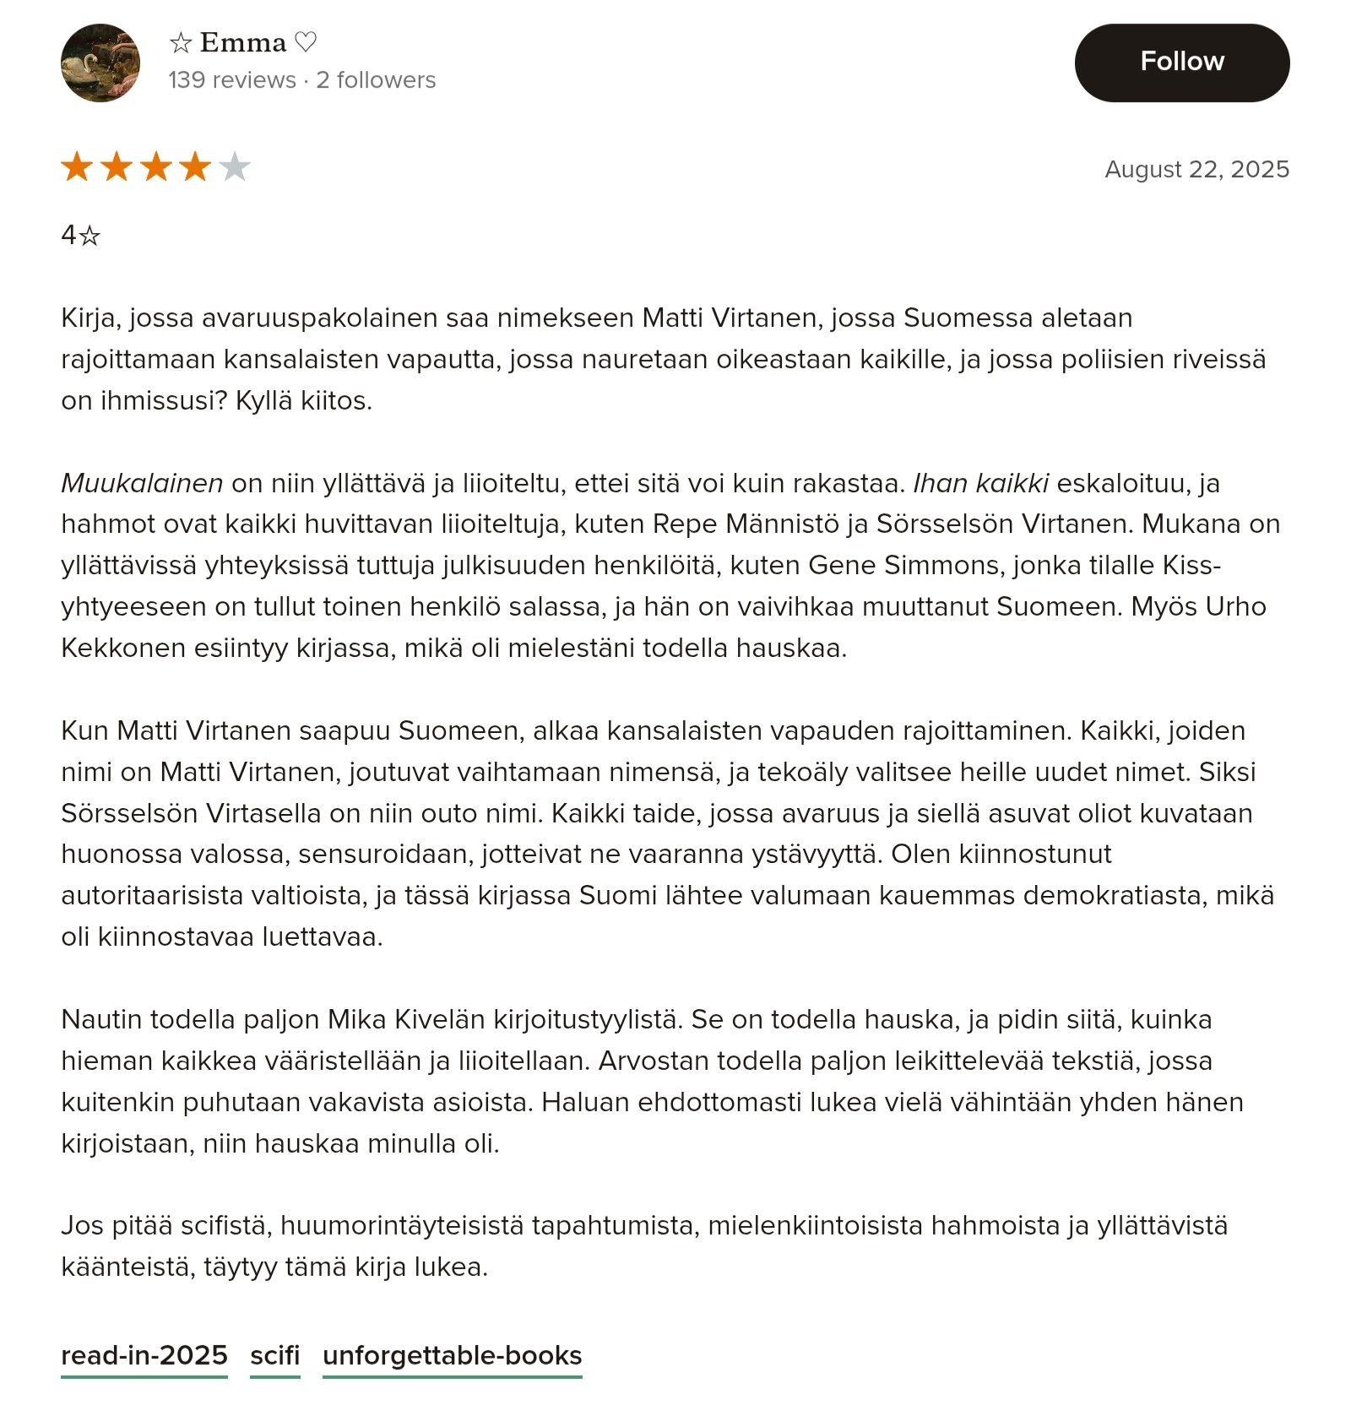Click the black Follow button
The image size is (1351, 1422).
coord(1181,62)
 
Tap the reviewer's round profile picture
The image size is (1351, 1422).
coord(100,63)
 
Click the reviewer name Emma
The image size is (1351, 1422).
coord(243,42)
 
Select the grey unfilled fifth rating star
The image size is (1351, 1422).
coord(235,167)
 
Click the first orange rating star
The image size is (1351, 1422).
coord(77,167)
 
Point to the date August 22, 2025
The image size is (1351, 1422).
coord(1196,169)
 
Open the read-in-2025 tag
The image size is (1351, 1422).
coord(144,1355)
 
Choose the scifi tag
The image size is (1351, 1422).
coord(275,1355)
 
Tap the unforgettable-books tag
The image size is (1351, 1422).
coord(453,1355)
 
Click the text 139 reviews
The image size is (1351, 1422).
coord(232,80)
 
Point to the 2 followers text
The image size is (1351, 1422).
coord(376,80)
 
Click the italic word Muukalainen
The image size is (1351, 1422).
coord(142,483)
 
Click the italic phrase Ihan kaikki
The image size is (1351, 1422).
coord(981,483)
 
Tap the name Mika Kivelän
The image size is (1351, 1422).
coord(406,1019)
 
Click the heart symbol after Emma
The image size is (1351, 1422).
coord(306,42)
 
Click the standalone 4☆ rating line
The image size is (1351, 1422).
coord(81,235)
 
